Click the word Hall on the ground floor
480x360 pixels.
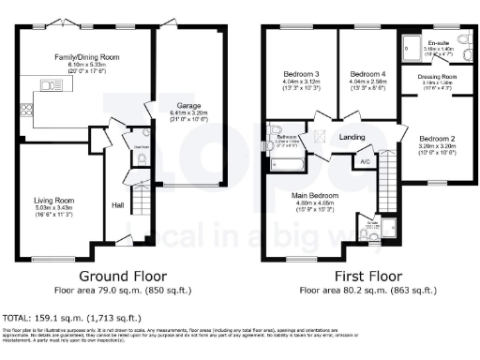point(118,204)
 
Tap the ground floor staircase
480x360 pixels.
point(140,201)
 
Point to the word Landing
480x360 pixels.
point(352,137)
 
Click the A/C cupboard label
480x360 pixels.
point(364,161)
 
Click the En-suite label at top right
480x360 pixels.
point(439,43)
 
